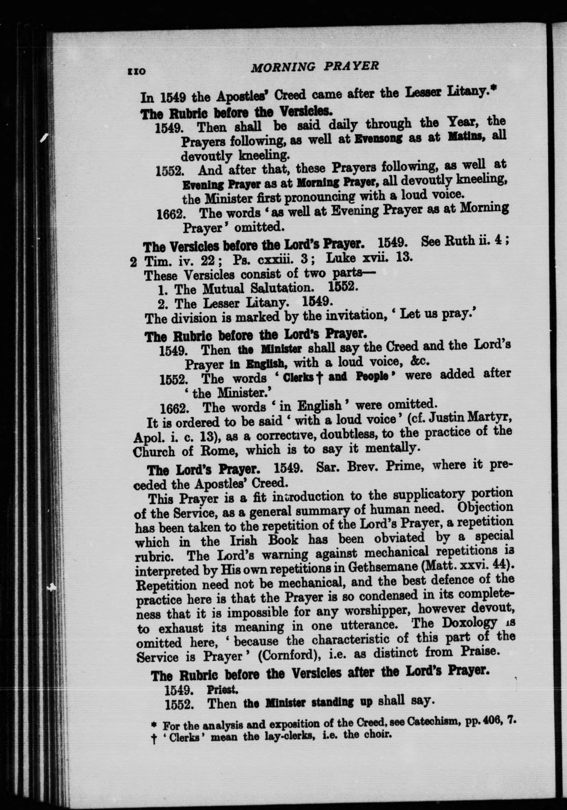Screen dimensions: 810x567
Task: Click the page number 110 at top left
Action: (x=135, y=71)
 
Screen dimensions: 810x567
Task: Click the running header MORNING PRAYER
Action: (x=314, y=67)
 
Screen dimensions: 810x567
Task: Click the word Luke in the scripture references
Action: (x=339, y=258)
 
